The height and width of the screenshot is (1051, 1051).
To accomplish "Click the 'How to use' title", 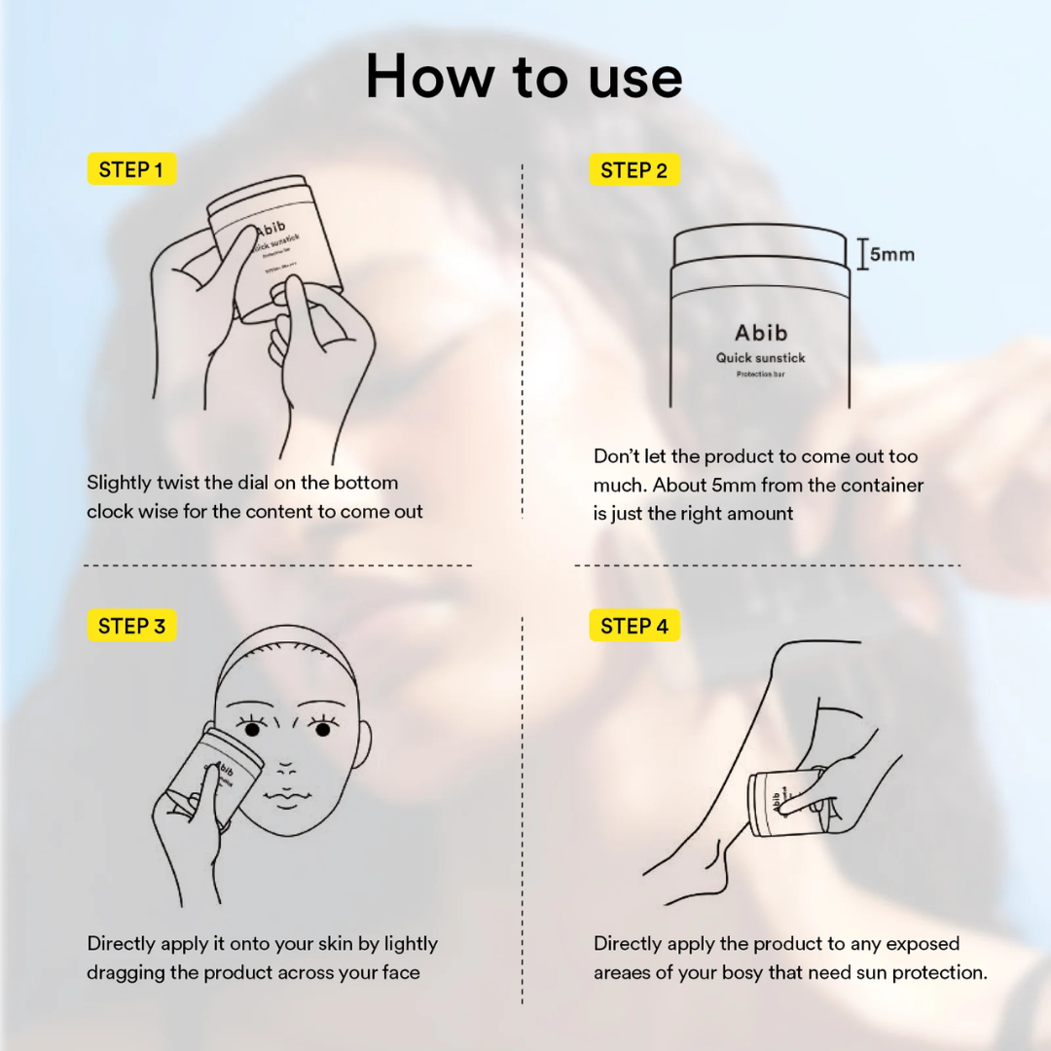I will pos(524,76).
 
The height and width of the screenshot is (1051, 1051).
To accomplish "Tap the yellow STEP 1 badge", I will pos(131,169).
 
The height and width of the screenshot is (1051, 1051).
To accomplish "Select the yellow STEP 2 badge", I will pos(634,170).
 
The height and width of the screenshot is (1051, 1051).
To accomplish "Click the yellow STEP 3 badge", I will pos(131,626).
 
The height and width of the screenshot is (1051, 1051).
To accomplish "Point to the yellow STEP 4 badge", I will pos(634,626).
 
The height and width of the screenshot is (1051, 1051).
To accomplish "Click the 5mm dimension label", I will pos(890,255).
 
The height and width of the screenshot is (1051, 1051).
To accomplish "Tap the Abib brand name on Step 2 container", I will pos(760,332).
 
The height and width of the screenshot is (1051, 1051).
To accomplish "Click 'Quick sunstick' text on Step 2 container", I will pos(760,357).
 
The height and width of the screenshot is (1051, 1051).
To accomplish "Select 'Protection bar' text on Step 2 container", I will pos(760,374).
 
